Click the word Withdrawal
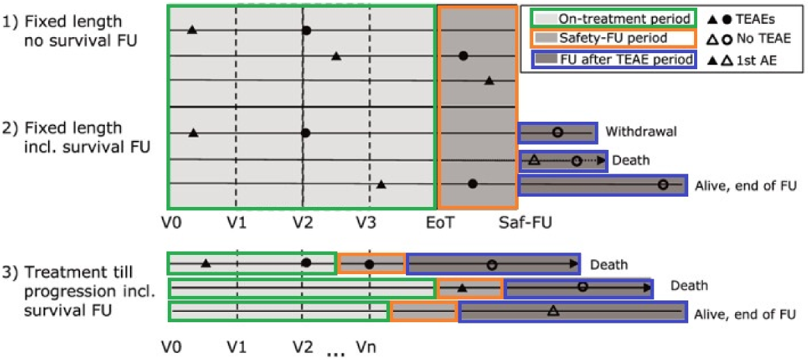[641, 132]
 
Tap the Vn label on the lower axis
[366, 347]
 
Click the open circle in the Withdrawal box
[558, 132]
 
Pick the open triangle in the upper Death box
[535, 160]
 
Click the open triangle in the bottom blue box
[554, 311]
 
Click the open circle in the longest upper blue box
[663, 184]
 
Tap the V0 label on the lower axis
[172, 347]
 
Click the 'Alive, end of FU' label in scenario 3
[745, 315]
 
